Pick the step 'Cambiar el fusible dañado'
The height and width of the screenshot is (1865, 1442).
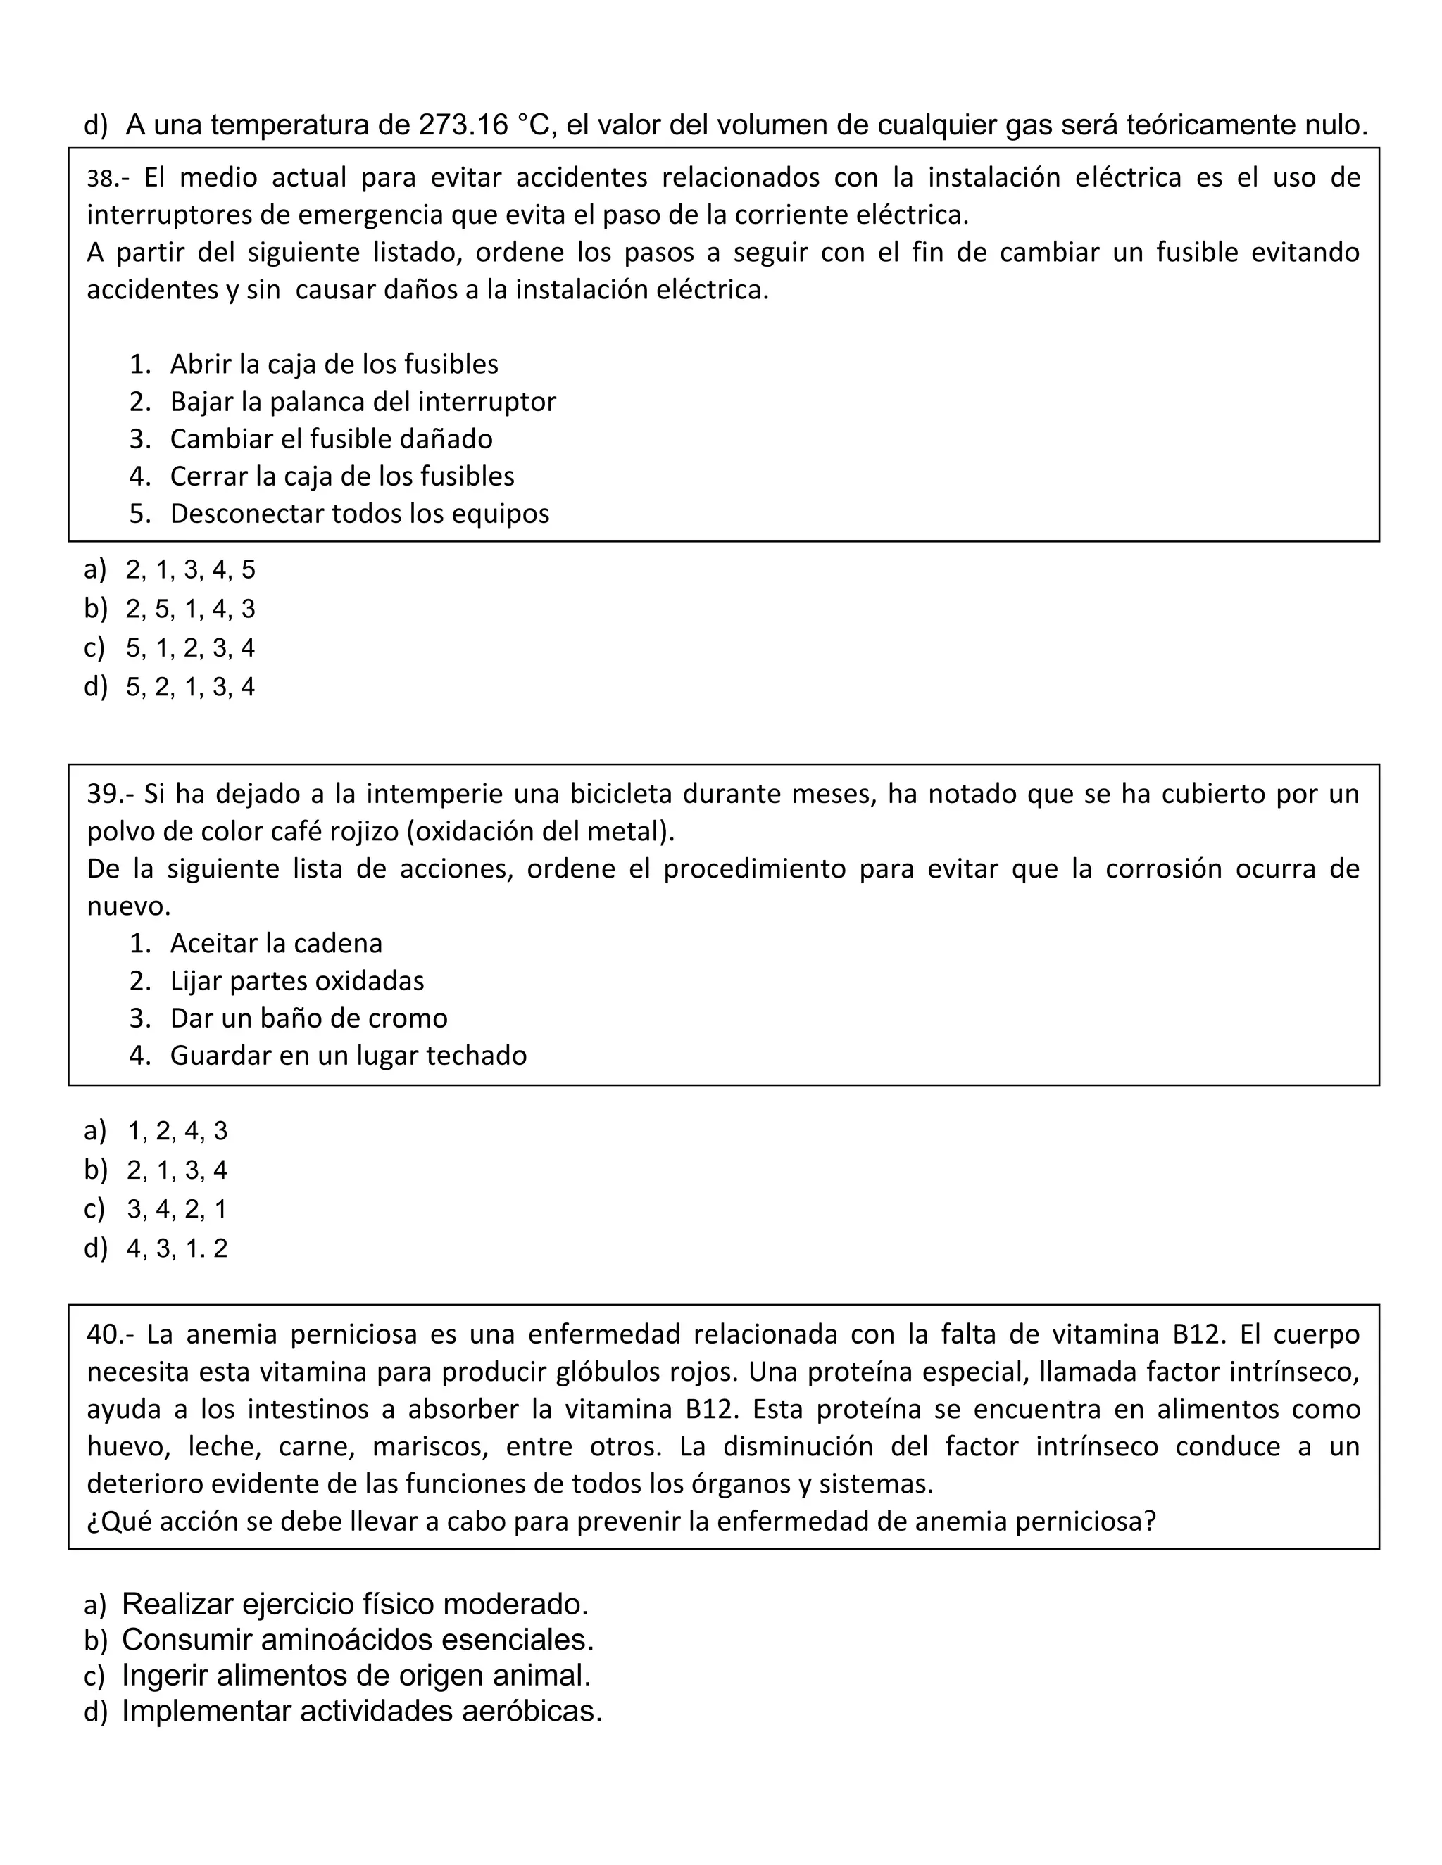tap(331, 439)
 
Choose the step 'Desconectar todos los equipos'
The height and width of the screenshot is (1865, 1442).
tap(359, 514)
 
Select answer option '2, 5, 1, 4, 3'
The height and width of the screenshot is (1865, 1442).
tap(189, 609)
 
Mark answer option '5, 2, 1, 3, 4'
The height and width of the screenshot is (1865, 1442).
tap(189, 688)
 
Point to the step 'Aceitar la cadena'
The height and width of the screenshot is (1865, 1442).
tap(276, 944)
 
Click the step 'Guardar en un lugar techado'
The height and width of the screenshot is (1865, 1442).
tap(348, 1056)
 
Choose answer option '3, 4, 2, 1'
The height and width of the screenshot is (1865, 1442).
tap(177, 1209)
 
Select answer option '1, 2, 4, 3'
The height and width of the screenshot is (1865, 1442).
tap(177, 1132)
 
